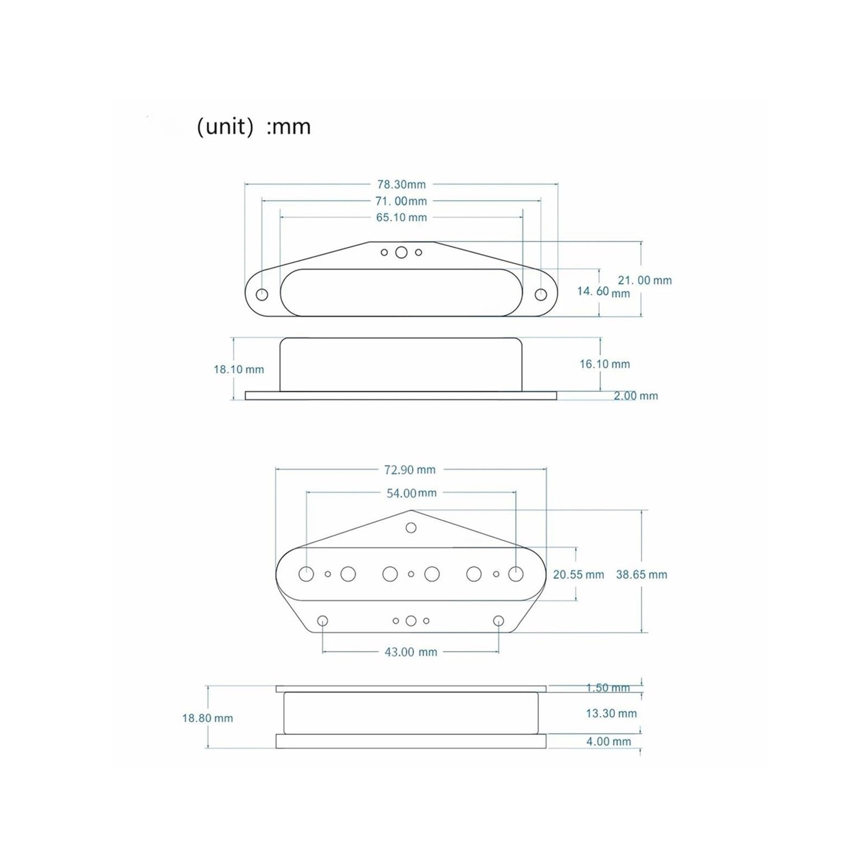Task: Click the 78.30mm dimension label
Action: click(401, 184)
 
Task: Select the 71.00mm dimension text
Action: click(401, 201)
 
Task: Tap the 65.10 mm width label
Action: click(401, 218)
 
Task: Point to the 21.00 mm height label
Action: click(644, 280)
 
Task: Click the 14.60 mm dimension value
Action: click(603, 292)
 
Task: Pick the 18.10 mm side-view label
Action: click(239, 369)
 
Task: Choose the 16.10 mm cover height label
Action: click(605, 364)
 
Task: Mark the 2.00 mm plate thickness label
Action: click(636, 396)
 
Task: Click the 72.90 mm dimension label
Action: click(410, 470)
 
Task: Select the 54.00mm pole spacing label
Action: click(411, 493)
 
